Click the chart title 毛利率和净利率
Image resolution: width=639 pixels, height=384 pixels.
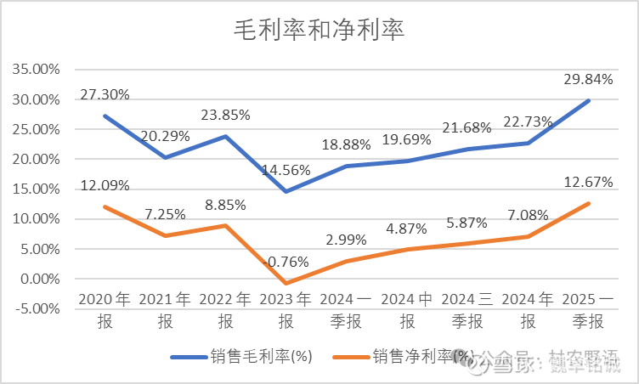(x=319, y=31)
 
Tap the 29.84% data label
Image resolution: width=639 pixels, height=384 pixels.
(x=588, y=79)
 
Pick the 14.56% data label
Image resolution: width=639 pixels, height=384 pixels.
(x=285, y=169)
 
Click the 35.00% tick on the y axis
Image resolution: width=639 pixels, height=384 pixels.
(x=36, y=70)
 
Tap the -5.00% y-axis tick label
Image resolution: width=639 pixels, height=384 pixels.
(x=36, y=308)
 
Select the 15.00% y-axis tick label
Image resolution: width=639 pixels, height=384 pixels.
(x=36, y=189)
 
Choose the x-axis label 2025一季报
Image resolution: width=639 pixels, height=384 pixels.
(x=589, y=310)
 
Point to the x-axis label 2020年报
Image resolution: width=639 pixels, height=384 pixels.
(x=105, y=310)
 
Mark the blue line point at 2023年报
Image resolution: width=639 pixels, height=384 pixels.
(x=286, y=191)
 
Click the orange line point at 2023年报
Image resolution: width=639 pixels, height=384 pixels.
(x=286, y=283)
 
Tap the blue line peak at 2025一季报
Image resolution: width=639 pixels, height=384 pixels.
(x=589, y=100)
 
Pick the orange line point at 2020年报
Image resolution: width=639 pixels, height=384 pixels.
(x=105, y=206)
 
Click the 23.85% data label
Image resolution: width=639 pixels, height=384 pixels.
(x=225, y=115)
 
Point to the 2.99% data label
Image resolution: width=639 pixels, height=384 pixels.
(x=347, y=239)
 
